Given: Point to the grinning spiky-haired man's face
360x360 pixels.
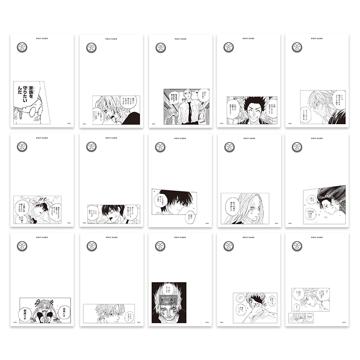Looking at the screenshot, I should pyautogui.click(x=250, y=109).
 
